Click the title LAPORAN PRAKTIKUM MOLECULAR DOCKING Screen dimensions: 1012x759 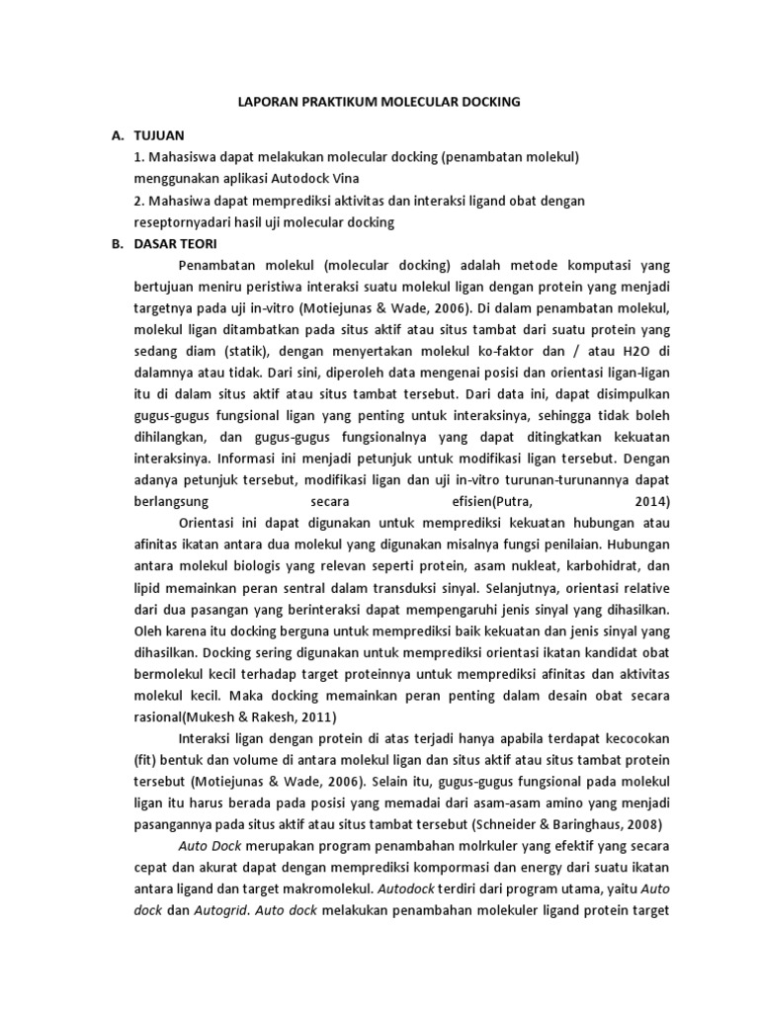click(x=379, y=101)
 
